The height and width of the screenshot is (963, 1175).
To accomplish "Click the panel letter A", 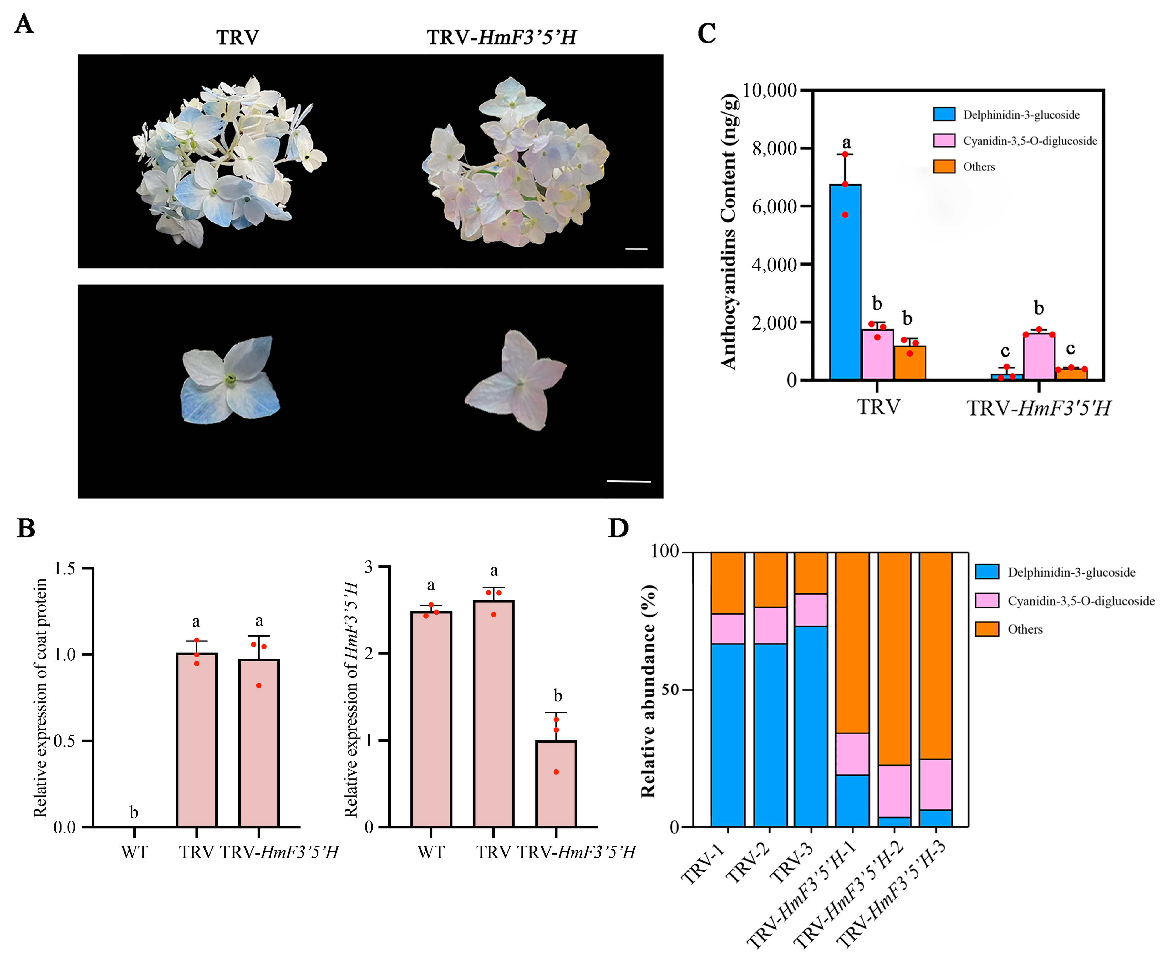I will pyautogui.click(x=24, y=24).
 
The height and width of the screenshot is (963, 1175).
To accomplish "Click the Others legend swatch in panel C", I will pyautogui.click(x=944, y=167).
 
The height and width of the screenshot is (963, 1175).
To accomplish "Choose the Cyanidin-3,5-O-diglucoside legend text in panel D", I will pyautogui.click(x=1081, y=601).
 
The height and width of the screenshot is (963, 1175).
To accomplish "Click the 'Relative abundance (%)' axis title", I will pyautogui.click(x=648, y=691).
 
